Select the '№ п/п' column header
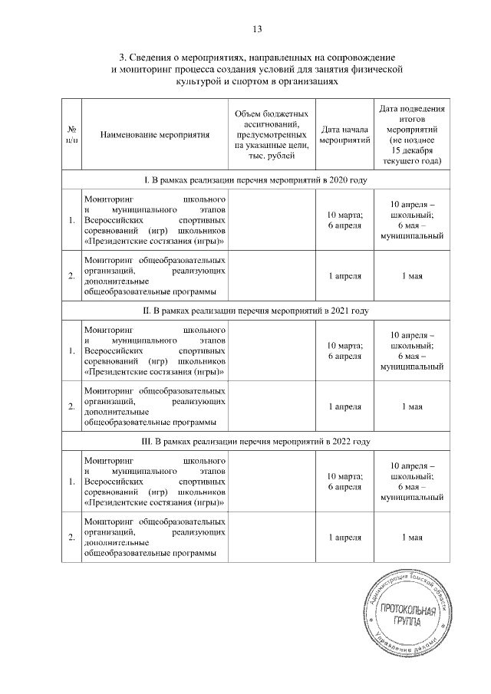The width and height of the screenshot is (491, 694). point(71,134)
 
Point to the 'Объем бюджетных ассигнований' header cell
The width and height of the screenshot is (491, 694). point(272,134)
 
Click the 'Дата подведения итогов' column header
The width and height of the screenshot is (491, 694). point(412,134)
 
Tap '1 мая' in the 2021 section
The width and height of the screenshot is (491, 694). point(412,407)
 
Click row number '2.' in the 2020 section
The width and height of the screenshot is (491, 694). point(71,276)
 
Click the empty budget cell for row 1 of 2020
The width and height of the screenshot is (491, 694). point(272,220)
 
